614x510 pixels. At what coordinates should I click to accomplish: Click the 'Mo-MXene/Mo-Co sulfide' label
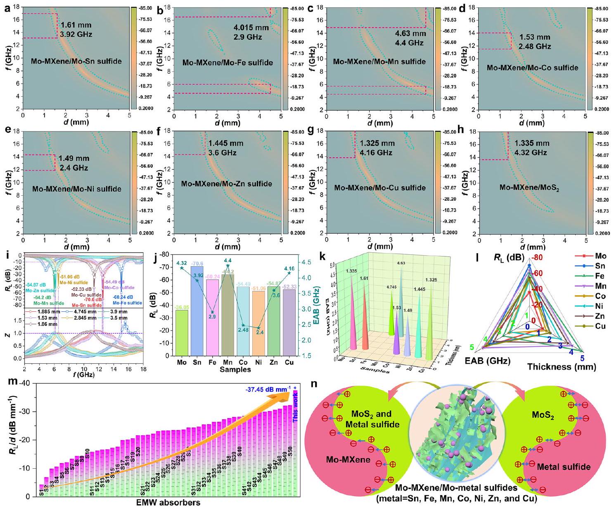point(532,67)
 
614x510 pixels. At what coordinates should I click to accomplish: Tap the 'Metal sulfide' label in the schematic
point(563,467)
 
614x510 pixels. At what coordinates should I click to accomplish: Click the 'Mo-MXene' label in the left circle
point(348,459)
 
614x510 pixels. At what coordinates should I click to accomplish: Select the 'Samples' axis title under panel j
point(235,369)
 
